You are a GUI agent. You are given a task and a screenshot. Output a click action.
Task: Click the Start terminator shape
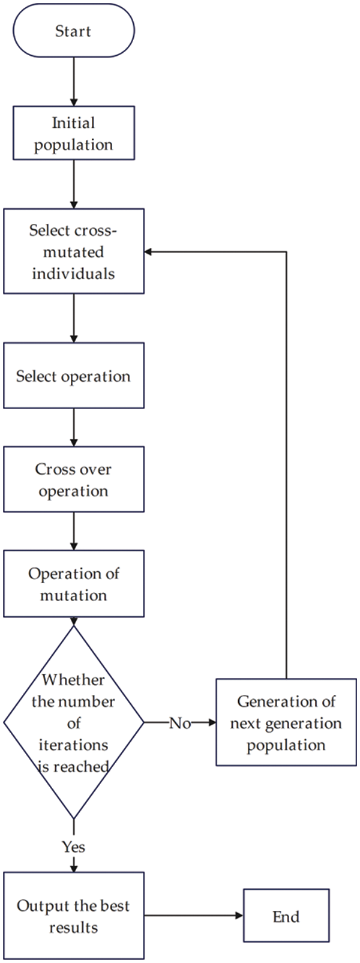click(x=73, y=31)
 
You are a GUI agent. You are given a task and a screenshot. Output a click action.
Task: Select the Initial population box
click(x=73, y=133)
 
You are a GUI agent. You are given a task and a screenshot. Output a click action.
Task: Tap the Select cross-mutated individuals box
click(x=73, y=251)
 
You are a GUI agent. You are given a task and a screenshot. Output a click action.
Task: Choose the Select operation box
click(x=73, y=376)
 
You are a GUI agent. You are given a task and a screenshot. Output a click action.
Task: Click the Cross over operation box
click(x=73, y=479)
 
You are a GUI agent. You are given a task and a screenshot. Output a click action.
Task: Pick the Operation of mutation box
click(x=73, y=584)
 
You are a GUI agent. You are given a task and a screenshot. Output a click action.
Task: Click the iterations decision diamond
click(x=73, y=722)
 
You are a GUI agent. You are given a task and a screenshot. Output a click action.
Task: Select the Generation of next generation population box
click(x=286, y=722)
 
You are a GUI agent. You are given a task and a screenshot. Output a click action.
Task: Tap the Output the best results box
click(x=73, y=916)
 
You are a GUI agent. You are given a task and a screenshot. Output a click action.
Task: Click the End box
click(x=286, y=916)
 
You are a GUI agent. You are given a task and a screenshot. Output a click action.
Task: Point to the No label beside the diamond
click(x=179, y=723)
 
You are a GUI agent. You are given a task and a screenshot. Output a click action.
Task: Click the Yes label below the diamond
click(x=73, y=847)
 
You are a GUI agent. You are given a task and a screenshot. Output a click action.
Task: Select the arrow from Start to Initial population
click(x=73, y=82)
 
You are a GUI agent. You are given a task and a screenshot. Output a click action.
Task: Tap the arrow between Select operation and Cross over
click(x=73, y=427)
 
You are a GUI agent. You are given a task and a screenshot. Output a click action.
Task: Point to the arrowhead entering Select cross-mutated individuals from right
click(x=150, y=252)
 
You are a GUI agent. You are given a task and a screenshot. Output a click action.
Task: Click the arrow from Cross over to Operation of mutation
click(x=73, y=531)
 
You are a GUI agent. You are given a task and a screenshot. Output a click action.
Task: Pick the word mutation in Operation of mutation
click(x=73, y=595)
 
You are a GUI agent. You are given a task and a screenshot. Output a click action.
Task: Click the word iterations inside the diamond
click(x=73, y=745)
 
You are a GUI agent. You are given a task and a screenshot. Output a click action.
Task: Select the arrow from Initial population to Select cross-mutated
click(x=73, y=184)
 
